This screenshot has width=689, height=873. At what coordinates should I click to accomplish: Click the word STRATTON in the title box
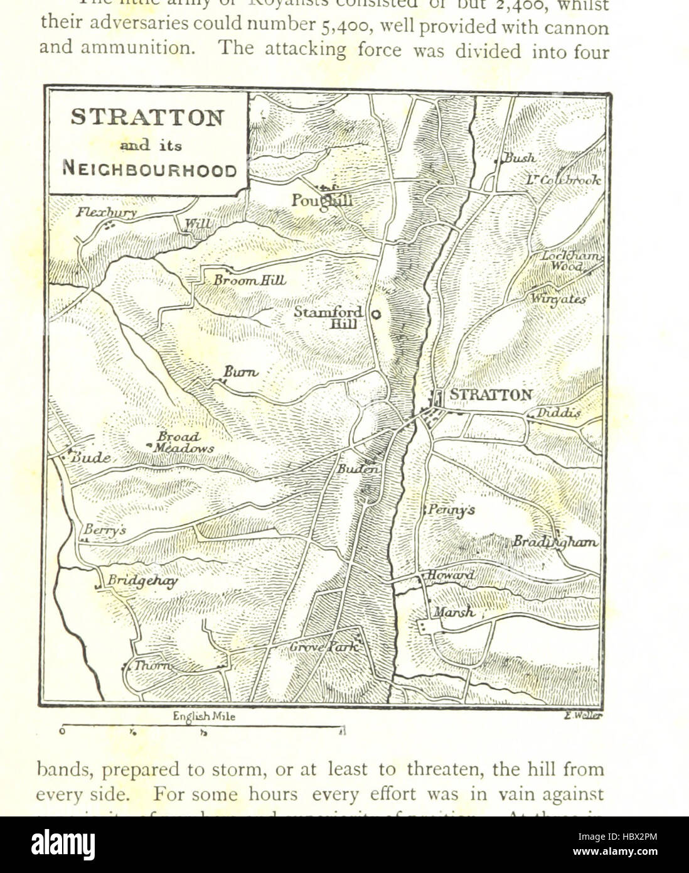[x=147, y=117]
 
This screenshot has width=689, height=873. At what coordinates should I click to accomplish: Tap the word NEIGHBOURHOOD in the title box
[x=149, y=170]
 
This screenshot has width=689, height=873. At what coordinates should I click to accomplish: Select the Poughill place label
[x=321, y=200]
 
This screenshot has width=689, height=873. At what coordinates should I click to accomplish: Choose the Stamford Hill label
[x=329, y=317]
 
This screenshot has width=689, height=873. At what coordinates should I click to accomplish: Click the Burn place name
[x=240, y=372]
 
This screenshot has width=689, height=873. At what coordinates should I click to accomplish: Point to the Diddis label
[x=558, y=413]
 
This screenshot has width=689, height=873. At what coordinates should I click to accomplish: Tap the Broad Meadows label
[x=183, y=442]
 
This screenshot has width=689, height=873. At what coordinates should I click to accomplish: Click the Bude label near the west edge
[x=90, y=458]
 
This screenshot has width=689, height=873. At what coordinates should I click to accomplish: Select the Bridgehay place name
[x=142, y=580]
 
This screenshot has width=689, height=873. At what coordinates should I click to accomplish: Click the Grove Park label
[x=324, y=646]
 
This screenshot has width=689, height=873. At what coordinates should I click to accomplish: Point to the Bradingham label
[x=555, y=541]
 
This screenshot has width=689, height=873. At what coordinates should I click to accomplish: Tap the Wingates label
[x=558, y=299]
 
